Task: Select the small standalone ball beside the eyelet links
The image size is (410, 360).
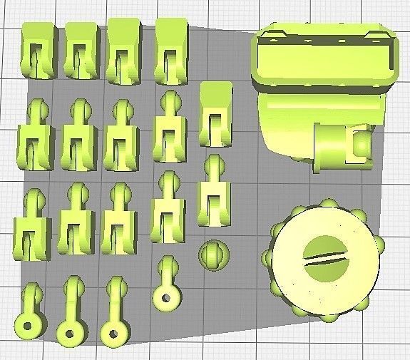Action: coord(212,254)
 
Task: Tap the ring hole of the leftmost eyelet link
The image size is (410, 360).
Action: coord(30,326)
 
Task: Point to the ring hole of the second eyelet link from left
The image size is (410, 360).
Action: coord(70,331)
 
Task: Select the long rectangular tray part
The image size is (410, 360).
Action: coord(324,53)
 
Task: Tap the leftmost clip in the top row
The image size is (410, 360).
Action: coord(39,50)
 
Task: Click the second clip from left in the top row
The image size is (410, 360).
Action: coord(81,50)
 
